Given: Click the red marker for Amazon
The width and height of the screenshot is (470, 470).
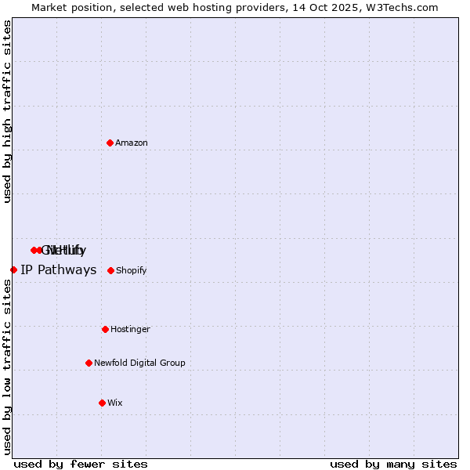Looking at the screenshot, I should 110,143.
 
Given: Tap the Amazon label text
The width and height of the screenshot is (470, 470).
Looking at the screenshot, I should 132,143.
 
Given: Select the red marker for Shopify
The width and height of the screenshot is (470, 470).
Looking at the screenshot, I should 110,270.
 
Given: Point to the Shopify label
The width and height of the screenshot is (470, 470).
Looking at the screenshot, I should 132,270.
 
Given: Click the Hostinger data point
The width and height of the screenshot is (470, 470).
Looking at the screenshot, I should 105,329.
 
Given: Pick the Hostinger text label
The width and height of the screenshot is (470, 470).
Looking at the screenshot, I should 130,329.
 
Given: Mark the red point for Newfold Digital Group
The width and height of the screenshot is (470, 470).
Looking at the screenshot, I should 89,363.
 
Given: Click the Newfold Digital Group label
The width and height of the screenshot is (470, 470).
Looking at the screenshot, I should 139,363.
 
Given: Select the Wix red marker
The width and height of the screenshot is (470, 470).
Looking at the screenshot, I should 102,403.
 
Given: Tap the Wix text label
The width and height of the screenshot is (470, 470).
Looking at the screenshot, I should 115,403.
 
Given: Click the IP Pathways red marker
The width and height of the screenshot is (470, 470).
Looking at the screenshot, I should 13,269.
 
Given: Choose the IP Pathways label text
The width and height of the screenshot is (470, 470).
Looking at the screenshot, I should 58,270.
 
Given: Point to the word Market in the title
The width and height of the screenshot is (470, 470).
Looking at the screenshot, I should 50,7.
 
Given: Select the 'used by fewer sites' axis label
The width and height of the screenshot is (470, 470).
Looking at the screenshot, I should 81,464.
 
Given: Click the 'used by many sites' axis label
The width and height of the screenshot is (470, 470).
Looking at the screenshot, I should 393,464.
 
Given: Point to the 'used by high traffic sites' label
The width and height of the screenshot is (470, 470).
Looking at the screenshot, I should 7,112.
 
